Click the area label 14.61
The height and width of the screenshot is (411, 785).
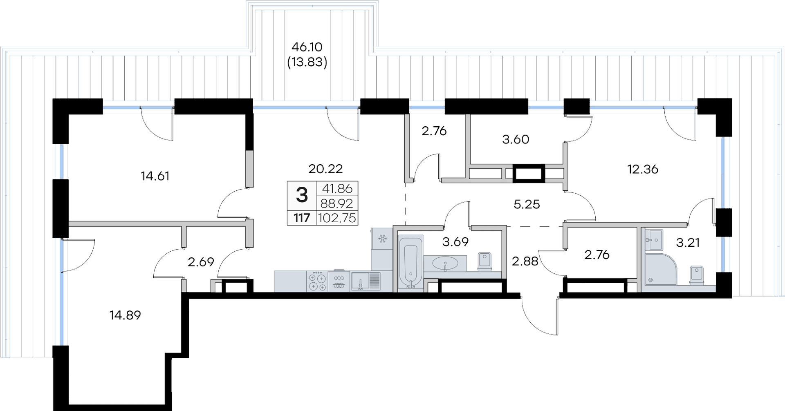pyautogui.click(x=155, y=176)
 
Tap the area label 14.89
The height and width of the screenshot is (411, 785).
pyautogui.click(x=125, y=315)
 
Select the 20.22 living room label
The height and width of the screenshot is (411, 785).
pyautogui.click(x=325, y=168)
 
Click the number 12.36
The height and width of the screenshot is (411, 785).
pyautogui.click(x=643, y=169)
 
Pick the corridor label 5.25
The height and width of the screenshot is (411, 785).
pyautogui.click(x=527, y=204)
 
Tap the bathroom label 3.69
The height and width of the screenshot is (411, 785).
pyautogui.click(x=455, y=242)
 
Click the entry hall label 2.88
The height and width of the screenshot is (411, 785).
pyautogui.click(x=525, y=261)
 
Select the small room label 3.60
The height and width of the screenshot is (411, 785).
pyautogui.click(x=516, y=139)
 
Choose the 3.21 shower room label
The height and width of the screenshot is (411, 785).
pyautogui.click(x=688, y=243)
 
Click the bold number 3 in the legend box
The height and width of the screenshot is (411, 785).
pyautogui.click(x=302, y=195)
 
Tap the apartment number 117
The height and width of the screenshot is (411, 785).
pyautogui.click(x=302, y=218)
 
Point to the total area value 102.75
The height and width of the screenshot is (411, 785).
pyautogui.click(x=337, y=218)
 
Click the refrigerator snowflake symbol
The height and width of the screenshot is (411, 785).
pyautogui.click(x=383, y=238)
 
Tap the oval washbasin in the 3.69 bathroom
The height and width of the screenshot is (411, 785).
pyautogui.click(x=445, y=264)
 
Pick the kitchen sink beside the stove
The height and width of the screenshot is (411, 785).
pyautogui.click(x=365, y=281)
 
